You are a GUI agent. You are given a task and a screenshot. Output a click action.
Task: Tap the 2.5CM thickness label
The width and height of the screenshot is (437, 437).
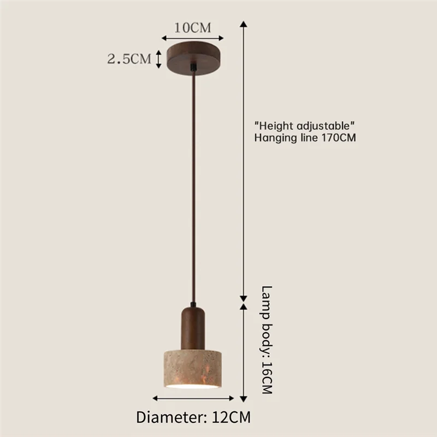click(129, 59)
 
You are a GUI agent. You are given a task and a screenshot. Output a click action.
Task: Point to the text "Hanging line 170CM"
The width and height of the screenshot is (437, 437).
click(305, 138)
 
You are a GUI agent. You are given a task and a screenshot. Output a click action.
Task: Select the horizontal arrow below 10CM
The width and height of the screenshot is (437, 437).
click(193, 38)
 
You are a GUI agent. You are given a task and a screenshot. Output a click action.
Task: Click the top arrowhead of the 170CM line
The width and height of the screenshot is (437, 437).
click(244, 25)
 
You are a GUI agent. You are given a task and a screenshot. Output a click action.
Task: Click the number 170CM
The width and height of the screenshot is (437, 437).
click(339, 138)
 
